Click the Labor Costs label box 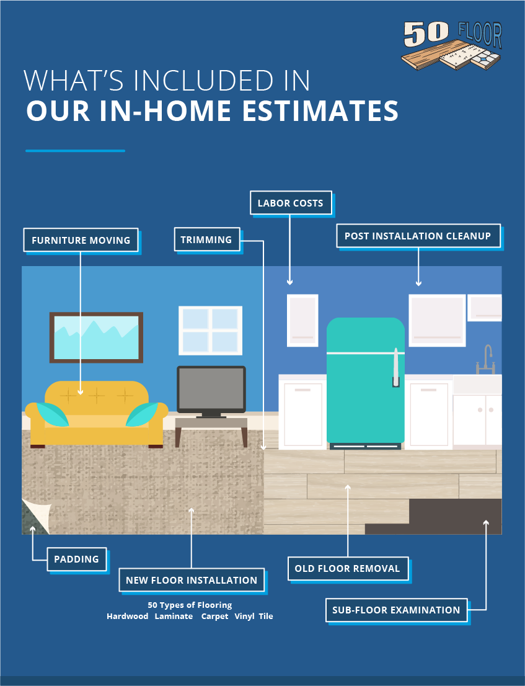point(291,203)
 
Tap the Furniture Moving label point(81,240)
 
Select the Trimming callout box point(207,240)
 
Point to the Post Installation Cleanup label point(418,236)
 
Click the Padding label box point(76,559)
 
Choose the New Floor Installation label point(192,580)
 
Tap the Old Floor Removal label point(348,568)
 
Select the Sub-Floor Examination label point(396,610)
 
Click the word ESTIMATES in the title point(320,110)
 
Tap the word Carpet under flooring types point(214,617)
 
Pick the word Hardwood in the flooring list point(127,616)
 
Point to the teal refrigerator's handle point(395,367)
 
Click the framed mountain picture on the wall point(96,337)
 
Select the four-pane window point(210,331)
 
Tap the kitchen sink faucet point(485,360)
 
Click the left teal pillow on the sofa point(52,414)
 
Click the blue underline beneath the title point(75,151)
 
